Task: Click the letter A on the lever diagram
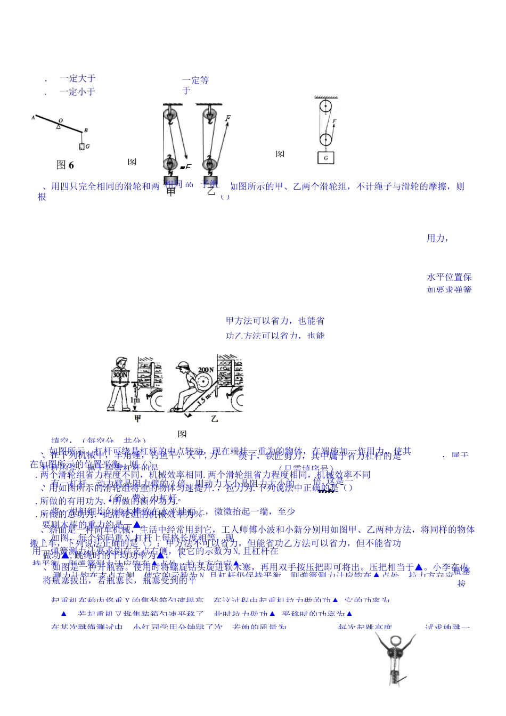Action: point(33,117)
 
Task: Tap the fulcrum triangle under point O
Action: point(59,126)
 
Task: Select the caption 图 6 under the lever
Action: point(65,165)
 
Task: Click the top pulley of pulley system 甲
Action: point(170,113)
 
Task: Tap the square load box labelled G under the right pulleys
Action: point(325,158)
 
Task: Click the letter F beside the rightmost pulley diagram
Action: point(334,121)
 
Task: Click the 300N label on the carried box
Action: point(120,375)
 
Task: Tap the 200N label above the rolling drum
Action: point(205,370)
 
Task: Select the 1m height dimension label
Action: point(137,400)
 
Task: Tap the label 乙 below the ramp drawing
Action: point(214,419)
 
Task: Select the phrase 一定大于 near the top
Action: point(78,78)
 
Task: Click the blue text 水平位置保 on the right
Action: point(449,277)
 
